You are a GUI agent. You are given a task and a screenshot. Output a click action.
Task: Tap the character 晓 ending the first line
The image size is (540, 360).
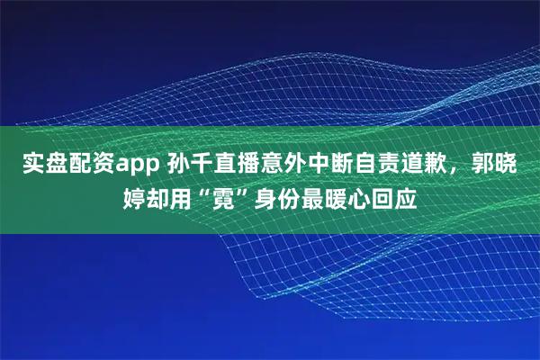[x=517, y=165]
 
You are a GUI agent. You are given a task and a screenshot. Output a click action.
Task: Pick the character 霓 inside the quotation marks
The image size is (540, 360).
[x=229, y=195]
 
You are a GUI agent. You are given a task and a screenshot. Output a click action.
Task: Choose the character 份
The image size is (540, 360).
[x=298, y=195]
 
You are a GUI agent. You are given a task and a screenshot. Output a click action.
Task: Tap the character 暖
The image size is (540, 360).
[x=345, y=195]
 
